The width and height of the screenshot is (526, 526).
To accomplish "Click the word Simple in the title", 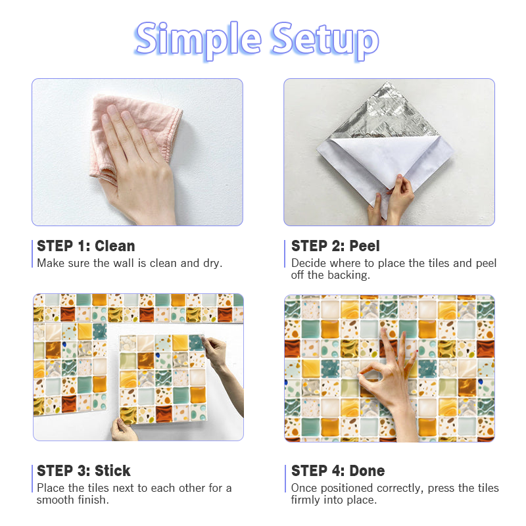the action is pyautogui.click(x=198, y=40).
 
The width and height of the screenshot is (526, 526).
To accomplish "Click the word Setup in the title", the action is pyautogui.click(x=325, y=41).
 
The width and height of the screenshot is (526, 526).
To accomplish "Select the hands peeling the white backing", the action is pyautogui.click(x=393, y=201).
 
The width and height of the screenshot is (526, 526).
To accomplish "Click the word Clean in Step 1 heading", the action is pyautogui.click(x=114, y=246).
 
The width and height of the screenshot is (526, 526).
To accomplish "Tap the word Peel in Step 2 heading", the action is pyautogui.click(x=365, y=246).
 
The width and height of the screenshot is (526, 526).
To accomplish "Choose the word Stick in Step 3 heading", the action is pyautogui.click(x=112, y=471).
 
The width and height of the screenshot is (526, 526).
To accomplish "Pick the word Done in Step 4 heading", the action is pyautogui.click(x=367, y=471).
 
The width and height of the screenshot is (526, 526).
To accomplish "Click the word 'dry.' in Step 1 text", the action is pyautogui.click(x=212, y=264).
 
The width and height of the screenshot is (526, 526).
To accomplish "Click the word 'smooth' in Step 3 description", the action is pyautogui.click(x=56, y=500).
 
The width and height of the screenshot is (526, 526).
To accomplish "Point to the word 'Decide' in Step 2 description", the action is pyautogui.click(x=308, y=264).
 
